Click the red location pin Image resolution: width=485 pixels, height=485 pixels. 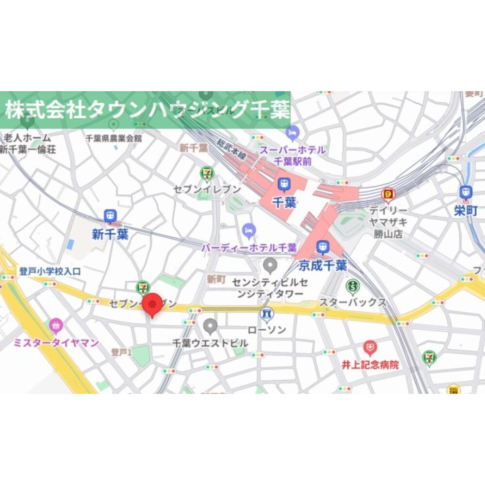(154, 305)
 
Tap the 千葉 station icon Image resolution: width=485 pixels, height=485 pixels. (284, 184)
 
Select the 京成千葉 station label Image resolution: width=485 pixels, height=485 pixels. (323, 265)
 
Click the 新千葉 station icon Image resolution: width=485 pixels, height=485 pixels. (110, 216)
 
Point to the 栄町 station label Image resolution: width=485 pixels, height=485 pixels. (466, 210)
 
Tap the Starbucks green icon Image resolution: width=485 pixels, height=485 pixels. (353, 287)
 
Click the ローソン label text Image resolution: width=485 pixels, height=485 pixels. (267, 330)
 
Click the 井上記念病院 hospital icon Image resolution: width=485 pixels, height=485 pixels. (370, 348)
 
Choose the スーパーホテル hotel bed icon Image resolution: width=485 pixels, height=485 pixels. (292, 132)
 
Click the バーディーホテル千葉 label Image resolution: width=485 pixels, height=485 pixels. (249, 248)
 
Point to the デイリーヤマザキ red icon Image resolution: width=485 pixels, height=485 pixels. (388, 195)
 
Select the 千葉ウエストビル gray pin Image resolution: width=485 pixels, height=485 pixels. (210, 325)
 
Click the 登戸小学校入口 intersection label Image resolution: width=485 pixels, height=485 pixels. (50, 271)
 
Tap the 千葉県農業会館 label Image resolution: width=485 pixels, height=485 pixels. (113, 138)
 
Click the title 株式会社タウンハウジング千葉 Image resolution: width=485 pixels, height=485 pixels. (147, 110)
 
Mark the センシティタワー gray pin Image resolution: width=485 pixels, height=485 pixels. (270, 265)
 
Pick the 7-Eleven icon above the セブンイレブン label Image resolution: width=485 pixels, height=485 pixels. (207, 173)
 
